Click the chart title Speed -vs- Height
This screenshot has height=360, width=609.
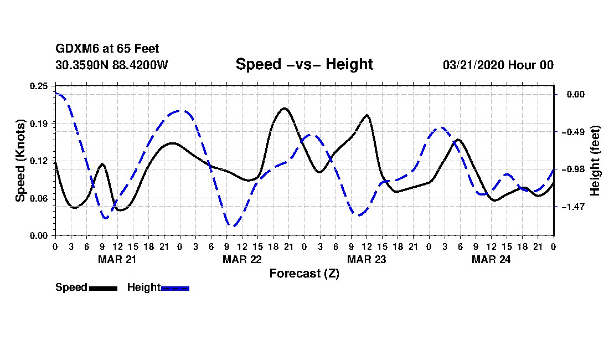tap(304, 64)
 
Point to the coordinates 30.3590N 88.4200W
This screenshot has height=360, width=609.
tap(112, 65)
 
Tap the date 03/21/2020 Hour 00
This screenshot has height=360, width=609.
tap(498, 65)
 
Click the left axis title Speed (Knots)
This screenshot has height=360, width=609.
tap(20, 160)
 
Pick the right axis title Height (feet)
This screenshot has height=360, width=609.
tap(595, 161)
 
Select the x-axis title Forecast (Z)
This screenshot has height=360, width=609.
tap(304, 273)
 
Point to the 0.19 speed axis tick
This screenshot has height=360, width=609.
tap(39, 123)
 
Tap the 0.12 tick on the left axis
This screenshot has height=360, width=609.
tap(39, 161)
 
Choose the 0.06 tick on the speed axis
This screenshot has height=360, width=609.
tap(39, 198)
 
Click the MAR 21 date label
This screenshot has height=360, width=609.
tap(117, 259)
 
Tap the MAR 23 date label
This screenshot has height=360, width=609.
tap(366, 259)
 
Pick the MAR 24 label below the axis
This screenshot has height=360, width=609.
tap(491, 259)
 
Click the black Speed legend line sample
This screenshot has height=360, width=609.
tap(103, 288)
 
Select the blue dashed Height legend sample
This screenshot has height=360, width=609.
tap(175, 288)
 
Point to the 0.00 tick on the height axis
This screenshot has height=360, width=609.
tap(573, 95)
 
